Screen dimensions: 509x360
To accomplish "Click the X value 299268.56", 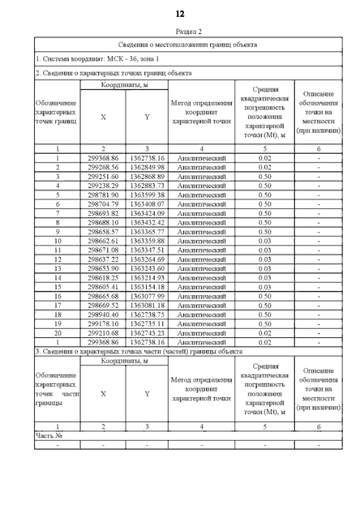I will pyautogui.click(x=103, y=168).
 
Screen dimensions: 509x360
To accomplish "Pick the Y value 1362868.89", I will pyautogui.click(x=147, y=177).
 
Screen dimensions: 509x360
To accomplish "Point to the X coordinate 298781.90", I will pyautogui.click(x=103, y=195).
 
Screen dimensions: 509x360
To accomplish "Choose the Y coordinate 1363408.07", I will pyautogui.click(x=147, y=204).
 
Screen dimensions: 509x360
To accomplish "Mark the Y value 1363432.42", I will pyautogui.click(x=147, y=223).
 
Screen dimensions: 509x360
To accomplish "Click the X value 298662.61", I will pyautogui.click(x=103, y=241).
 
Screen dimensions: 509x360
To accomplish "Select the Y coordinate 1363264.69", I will pyautogui.click(x=147, y=259).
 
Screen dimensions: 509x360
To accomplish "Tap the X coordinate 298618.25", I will pyautogui.click(x=103, y=278).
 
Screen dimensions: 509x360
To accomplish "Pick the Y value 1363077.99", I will pyautogui.click(x=147, y=296).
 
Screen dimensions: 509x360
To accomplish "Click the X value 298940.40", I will pyautogui.click(x=103, y=314).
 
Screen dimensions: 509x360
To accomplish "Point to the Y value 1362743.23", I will pyautogui.click(x=147, y=333).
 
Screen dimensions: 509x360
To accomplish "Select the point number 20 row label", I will pyautogui.click(x=57, y=333).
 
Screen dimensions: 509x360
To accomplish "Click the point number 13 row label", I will pyautogui.click(x=57, y=269).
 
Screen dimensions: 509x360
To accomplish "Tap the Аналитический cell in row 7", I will pyautogui.click(x=201, y=214).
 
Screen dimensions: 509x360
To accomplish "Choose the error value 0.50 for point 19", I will pyautogui.click(x=264, y=324).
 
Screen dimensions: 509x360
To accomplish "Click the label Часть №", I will pyautogui.click(x=48, y=435).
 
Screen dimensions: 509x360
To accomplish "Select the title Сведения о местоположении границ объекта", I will pyautogui.click(x=188, y=44).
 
